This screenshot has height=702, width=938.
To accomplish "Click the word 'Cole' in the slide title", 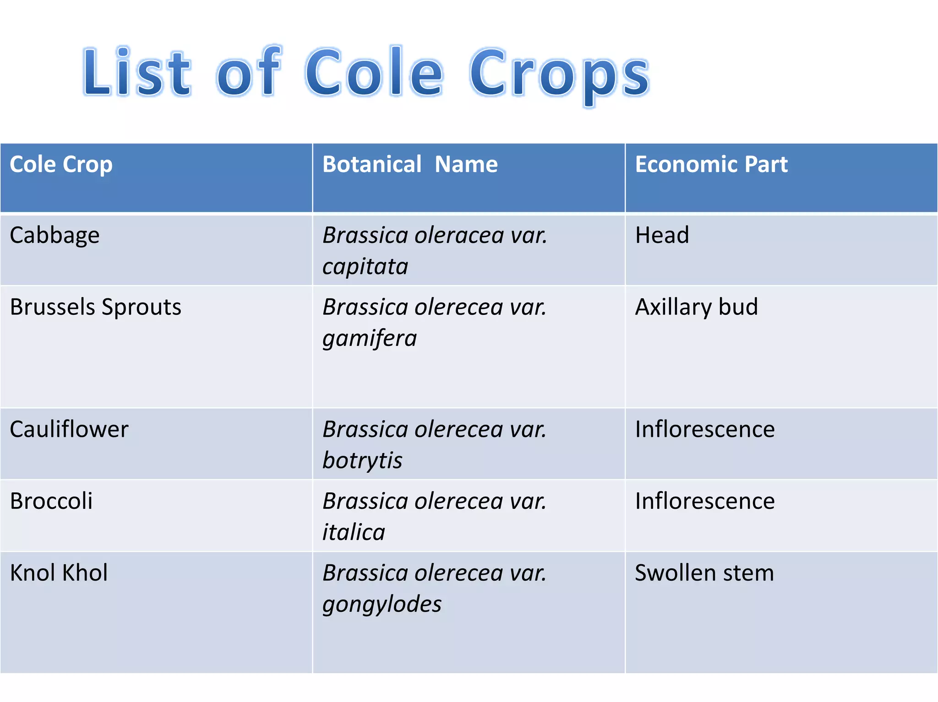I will coord(374,72).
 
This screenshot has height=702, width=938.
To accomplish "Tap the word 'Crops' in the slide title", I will coord(559,73).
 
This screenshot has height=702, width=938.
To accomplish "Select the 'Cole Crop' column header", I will coord(61,164).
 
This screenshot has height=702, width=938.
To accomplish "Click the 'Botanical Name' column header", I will coord(410,164).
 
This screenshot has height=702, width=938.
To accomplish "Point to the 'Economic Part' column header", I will coord(711,164).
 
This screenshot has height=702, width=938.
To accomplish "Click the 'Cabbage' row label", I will coord(55,236).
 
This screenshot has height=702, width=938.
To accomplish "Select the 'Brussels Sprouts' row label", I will coord(95,307).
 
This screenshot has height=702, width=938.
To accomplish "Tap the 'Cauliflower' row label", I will coord(69,429).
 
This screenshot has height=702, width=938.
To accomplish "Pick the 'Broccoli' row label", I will coord(51,501).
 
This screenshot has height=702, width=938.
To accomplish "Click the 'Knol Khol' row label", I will coord(59,572).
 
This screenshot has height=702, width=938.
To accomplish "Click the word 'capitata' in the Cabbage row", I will coord(365,267).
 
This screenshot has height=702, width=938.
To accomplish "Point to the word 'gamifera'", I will coord(370,339).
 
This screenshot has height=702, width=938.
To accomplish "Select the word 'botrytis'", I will coord(362,460).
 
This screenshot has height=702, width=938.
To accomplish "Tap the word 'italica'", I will coord(354,532).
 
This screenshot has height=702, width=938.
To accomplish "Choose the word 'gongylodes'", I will coord(382,604).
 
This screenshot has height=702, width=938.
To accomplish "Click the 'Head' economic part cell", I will coord(662,235).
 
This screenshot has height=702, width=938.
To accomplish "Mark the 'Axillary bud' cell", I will coord(696,307).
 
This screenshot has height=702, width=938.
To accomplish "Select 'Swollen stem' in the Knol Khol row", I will coord(704,572).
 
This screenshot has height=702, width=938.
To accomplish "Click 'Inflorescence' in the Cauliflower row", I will coord(705,429).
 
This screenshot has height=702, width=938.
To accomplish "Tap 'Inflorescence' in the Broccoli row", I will coord(705,501).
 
